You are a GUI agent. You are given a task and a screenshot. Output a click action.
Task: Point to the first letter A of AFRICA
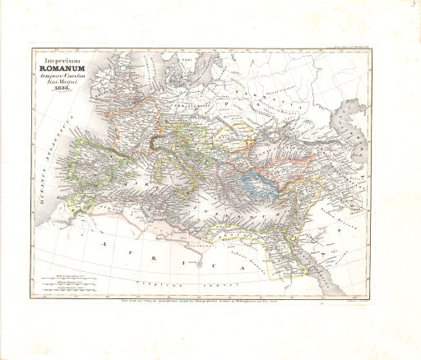click(104, 244)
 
